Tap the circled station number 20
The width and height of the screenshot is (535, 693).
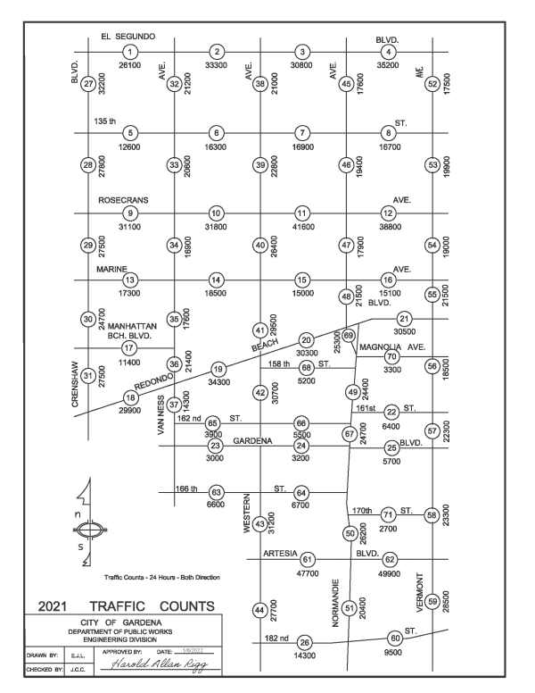tap(306, 339)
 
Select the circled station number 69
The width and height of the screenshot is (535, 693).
tap(350, 335)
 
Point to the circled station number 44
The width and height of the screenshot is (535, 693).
tap(260, 610)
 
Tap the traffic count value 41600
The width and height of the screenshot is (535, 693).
tap(303, 228)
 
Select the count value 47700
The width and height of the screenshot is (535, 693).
tap(308, 574)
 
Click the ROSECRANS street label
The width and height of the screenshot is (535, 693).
tap(123, 200)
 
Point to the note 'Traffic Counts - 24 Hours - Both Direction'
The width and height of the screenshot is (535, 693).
tap(162, 577)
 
